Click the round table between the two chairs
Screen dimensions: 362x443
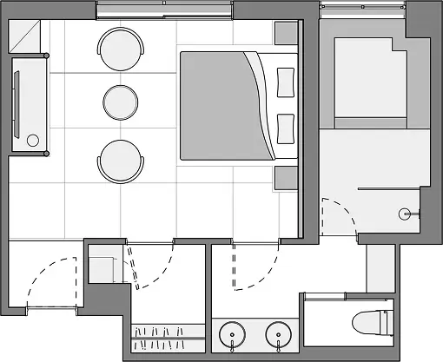(122, 102)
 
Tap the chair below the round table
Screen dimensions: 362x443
(120, 161)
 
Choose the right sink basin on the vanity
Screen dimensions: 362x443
(278, 335)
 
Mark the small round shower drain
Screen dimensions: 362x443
(404, 213)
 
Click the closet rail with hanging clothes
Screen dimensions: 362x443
(169, 333)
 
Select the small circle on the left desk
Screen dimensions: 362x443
(33, 140)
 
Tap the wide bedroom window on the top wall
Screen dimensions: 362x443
(164, 11)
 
